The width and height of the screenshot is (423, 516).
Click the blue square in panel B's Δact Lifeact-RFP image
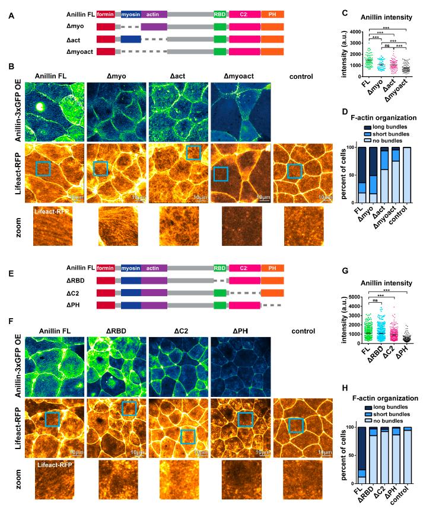[x=193, y=153]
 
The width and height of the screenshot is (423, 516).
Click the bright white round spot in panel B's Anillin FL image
[x=40, y=107]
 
